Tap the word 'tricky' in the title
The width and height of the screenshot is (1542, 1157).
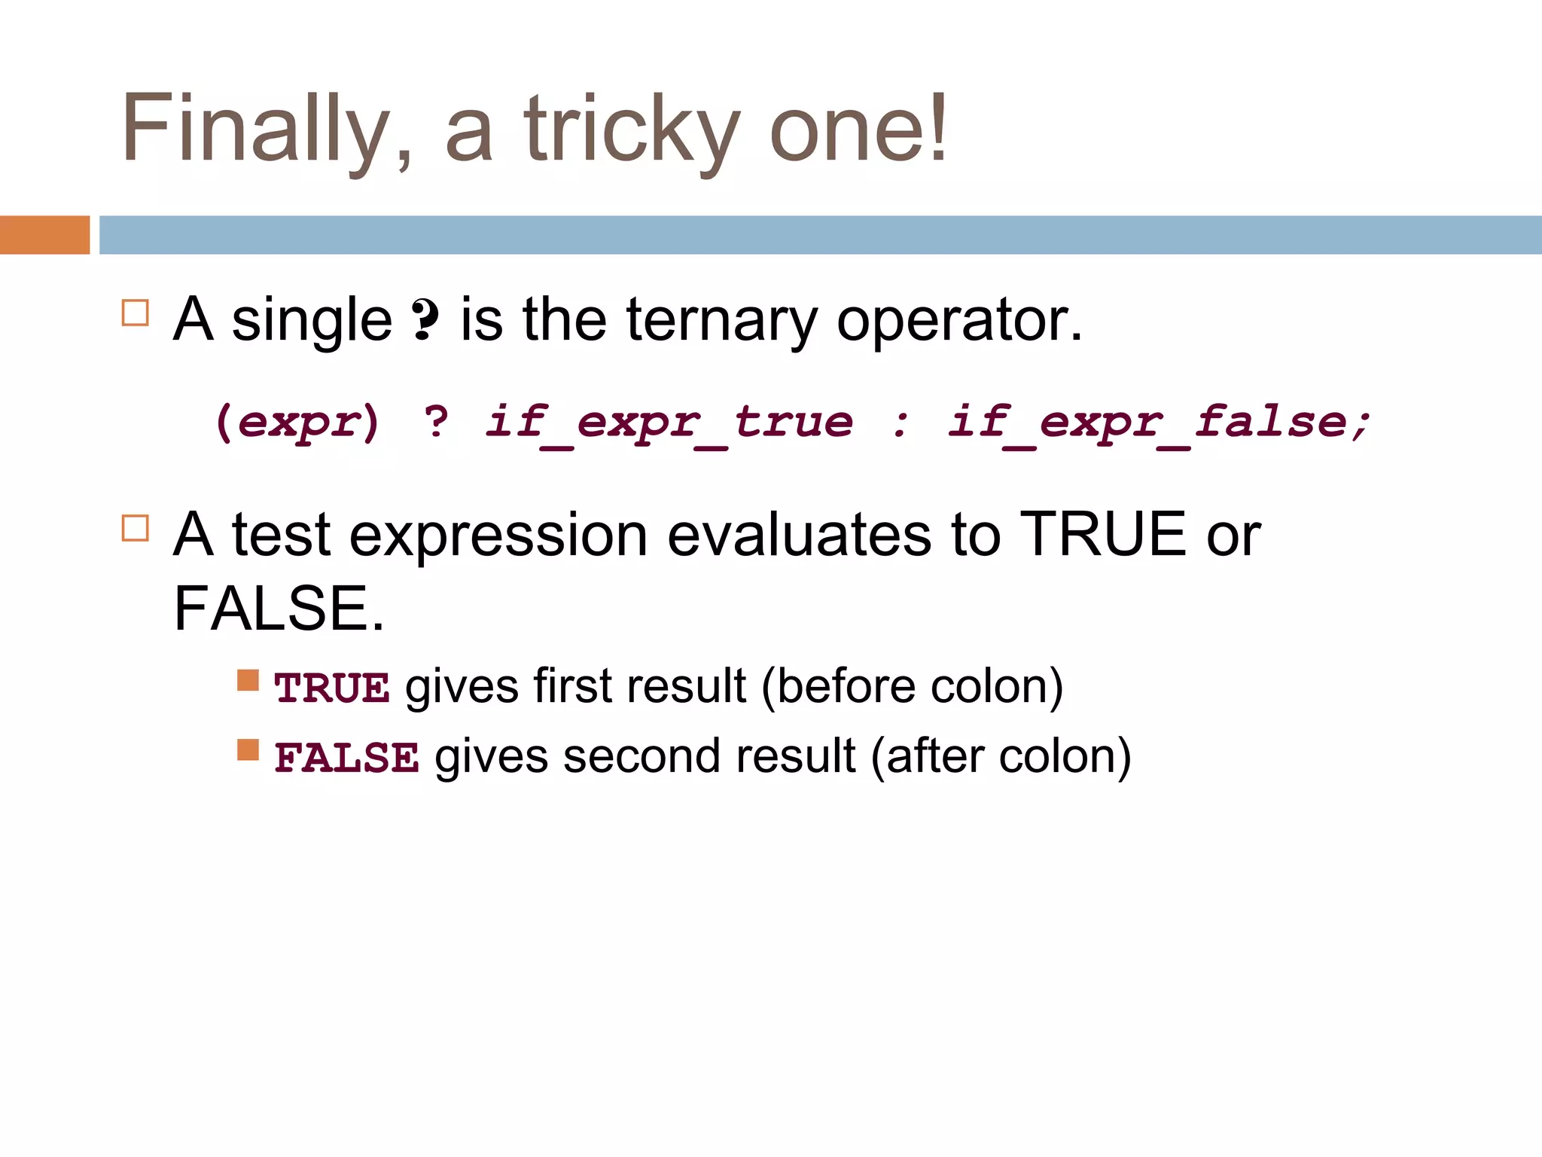pos(631,130)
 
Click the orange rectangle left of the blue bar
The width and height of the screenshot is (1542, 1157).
pos(44,235)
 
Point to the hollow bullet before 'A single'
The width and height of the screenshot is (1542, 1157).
pos(136,313)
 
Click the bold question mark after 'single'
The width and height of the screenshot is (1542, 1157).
pos(425,320)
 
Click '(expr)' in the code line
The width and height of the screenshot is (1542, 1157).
pos(297,422)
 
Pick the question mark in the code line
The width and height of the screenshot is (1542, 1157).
pos(436,422)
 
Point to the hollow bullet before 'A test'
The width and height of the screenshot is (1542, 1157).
pos(136,528)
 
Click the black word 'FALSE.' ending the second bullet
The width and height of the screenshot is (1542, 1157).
pos(279,609)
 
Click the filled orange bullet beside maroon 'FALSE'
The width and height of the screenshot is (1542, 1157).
pos(248,750)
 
